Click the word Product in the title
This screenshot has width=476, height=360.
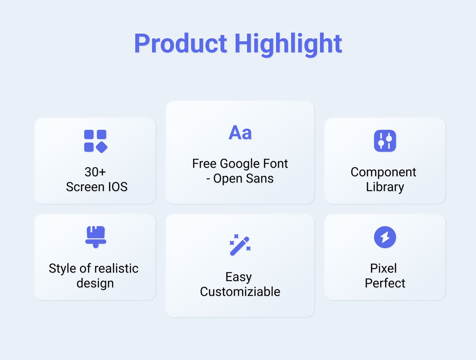180,43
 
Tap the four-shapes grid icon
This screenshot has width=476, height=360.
95,141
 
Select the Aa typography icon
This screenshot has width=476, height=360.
240,133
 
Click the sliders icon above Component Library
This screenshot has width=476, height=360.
385,141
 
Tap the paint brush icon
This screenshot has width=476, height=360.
95,237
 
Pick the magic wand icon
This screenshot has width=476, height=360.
240,245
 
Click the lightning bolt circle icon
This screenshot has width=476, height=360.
385,237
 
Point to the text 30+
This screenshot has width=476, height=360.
95,172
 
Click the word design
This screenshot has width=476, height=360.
95,283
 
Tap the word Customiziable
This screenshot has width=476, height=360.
240,292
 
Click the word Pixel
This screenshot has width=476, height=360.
383,268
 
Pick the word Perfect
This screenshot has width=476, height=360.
385,283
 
